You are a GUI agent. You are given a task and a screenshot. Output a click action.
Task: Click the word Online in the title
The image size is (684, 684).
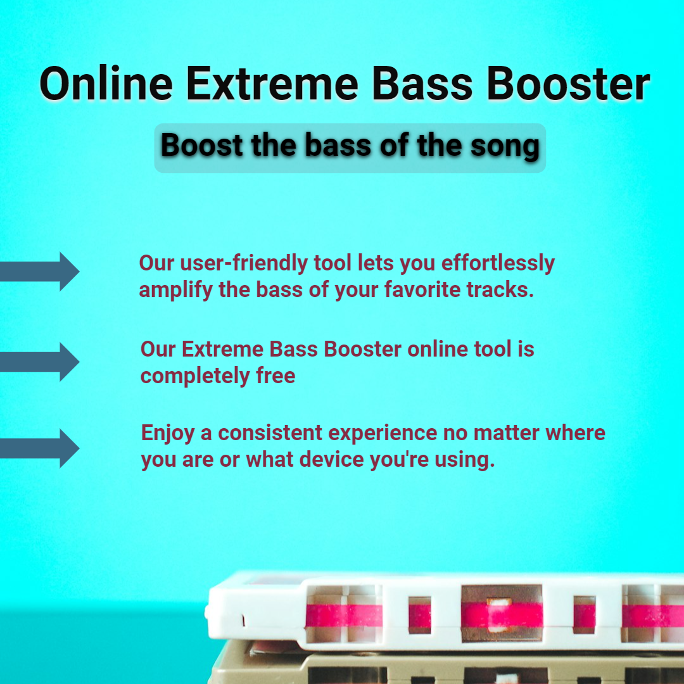coord(106,83)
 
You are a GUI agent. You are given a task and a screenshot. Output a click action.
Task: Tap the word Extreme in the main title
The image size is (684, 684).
coord(272,84)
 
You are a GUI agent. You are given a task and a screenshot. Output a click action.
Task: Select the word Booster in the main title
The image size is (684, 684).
coord(568,84)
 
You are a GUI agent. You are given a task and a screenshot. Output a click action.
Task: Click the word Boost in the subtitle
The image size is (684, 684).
coord(202,145)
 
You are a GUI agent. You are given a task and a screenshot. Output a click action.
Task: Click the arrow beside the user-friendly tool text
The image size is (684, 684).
coord(40,271)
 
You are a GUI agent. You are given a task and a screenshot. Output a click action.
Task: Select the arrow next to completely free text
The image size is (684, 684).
coord(40,362)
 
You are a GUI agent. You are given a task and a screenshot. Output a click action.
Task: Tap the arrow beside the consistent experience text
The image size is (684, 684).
coord(40,448)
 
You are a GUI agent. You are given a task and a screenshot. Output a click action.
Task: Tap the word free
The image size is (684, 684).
coord(275,376)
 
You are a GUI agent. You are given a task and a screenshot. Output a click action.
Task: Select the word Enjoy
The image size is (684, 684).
coord(167,434)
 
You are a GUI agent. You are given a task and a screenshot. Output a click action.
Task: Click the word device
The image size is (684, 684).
coord(331,459)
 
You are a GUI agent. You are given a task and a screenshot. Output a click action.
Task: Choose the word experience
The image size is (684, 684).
coord(383,434)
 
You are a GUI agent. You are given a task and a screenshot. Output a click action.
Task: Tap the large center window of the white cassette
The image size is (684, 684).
coord(502,614)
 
